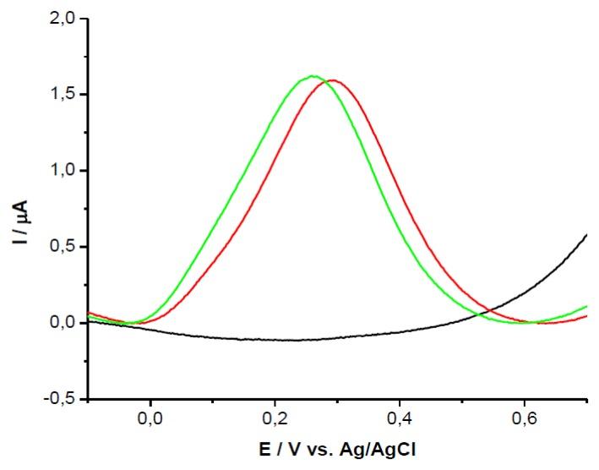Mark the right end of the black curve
(586, 234)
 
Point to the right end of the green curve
(586, 306)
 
